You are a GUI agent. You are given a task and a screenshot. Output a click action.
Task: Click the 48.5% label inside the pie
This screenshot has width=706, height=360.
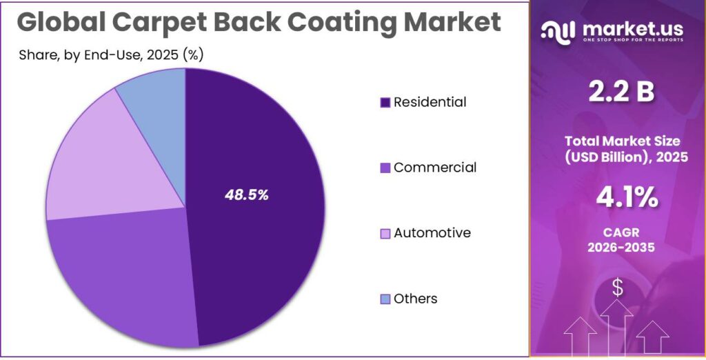pos(246,195)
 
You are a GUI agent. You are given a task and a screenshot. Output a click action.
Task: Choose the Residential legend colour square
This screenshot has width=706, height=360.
pos(385,103)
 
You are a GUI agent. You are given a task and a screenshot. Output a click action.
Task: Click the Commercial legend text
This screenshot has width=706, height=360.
pos(435,168)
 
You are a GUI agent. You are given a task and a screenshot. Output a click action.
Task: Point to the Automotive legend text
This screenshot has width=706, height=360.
pos(432,233)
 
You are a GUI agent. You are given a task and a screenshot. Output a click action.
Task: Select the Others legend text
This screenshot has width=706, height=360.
pos(416,299)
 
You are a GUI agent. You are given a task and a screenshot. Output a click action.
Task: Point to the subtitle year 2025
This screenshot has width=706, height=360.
pos(157,54)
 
